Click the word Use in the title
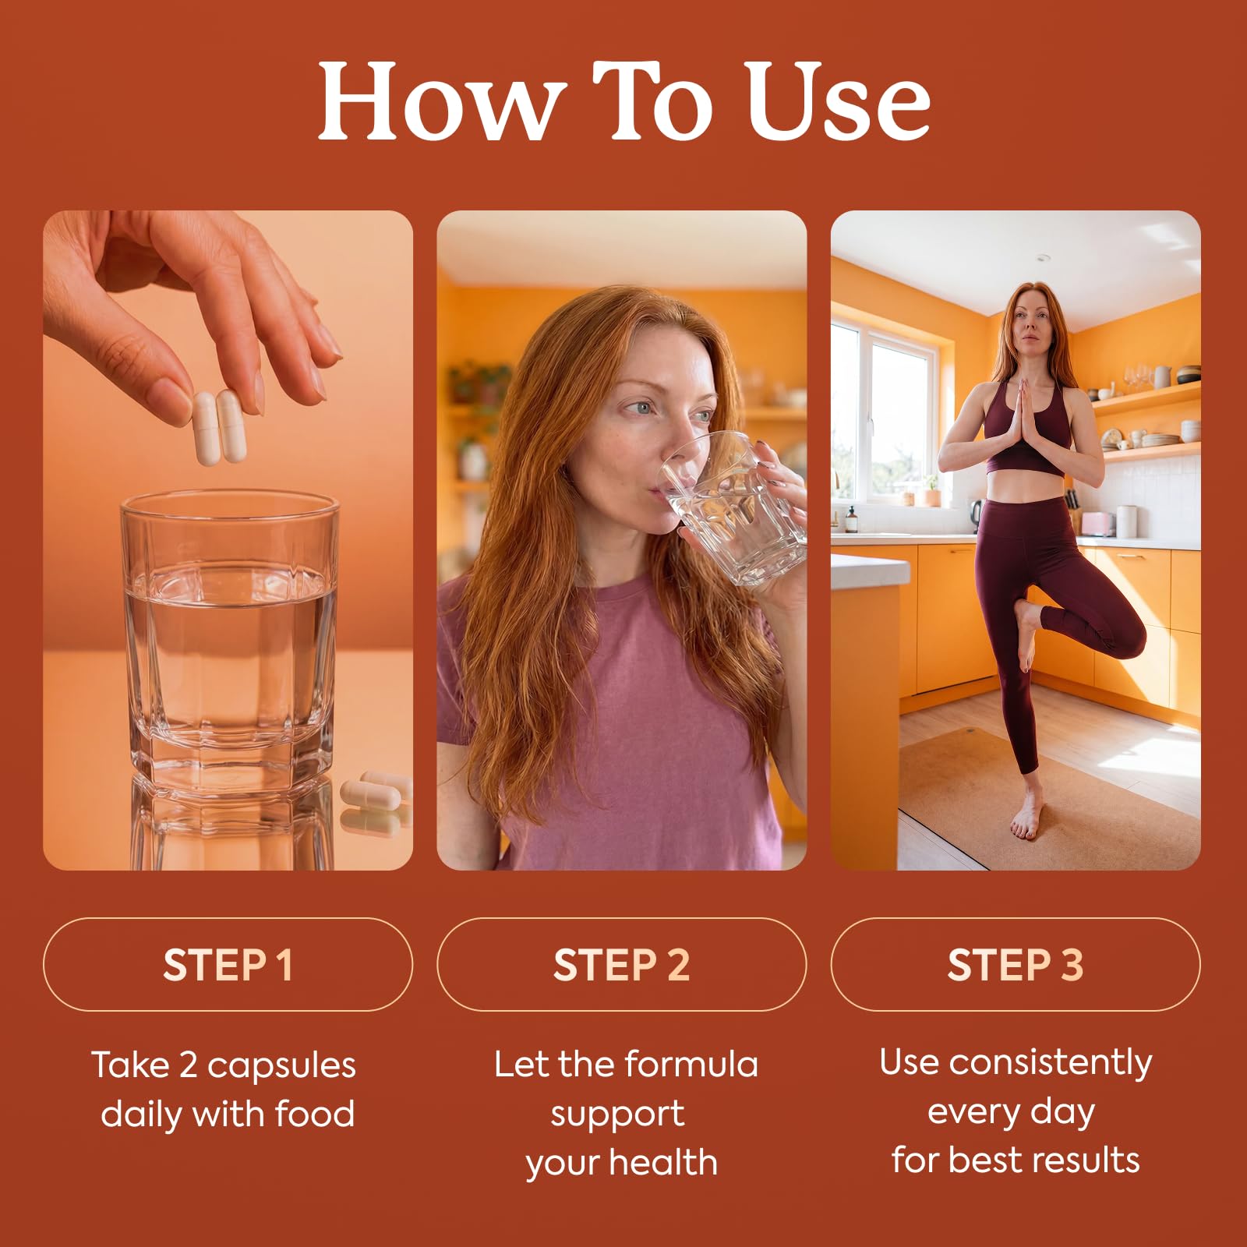point(837,101)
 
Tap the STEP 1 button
point(228,964)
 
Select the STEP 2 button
point(621,964)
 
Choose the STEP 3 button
point(1016,964)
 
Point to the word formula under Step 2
point(691,1065)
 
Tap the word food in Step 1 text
point(315,1113)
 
